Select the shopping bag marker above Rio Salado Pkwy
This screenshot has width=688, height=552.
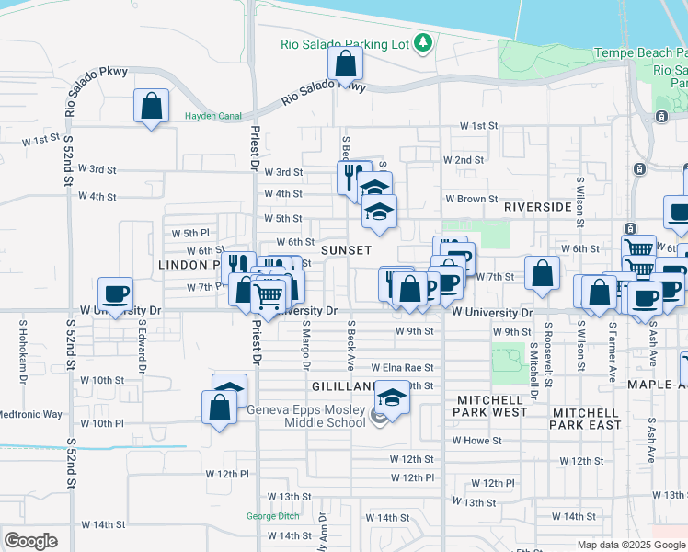click(x=345, y=64)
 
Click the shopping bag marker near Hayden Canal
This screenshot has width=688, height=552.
click(x=152, y=107)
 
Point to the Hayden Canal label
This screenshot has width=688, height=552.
click(x=212, y=116)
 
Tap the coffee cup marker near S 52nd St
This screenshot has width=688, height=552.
click(x=115, y=294)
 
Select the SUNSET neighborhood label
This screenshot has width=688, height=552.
click(x=346, y=250)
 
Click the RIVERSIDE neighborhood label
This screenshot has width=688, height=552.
click(x=538, y=208)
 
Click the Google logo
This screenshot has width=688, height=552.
click(x=30, y=541)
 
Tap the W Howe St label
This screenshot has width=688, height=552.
click(x=476, y=441)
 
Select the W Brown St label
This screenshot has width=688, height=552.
click(x=471, y=199)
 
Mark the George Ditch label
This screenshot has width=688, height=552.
click(x=273, y=516)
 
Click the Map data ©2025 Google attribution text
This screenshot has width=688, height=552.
click(x=629, y=545)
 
